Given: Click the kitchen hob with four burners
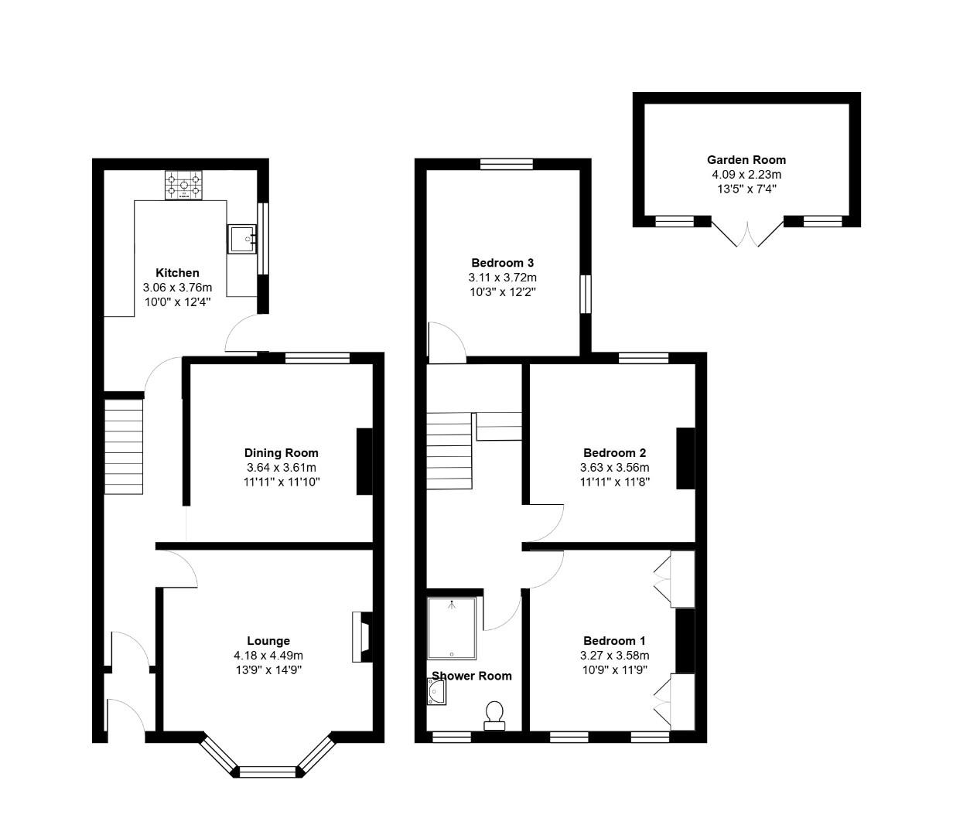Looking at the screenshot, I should (183, 186).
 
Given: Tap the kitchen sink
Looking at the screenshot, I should (242, 239).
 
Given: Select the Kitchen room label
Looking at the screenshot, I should (177, 273).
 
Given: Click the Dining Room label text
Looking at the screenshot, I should (281, 453).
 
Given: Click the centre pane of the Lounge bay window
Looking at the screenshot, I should (268, 771).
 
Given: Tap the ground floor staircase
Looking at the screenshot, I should (125, 446).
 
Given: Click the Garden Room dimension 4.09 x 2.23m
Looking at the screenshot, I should (746, 174).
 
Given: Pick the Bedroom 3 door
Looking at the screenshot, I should (447, 342).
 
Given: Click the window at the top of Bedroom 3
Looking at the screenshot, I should (506, 164).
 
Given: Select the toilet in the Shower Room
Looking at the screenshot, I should (494, 714).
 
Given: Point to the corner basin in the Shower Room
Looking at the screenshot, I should (436, 692).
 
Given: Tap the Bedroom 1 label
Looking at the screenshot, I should (613, 641).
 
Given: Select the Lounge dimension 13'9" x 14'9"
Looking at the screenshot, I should (268, 670).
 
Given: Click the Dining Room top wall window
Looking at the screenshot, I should (317, 357).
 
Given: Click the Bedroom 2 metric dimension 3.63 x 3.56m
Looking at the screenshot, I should (613, 468).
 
